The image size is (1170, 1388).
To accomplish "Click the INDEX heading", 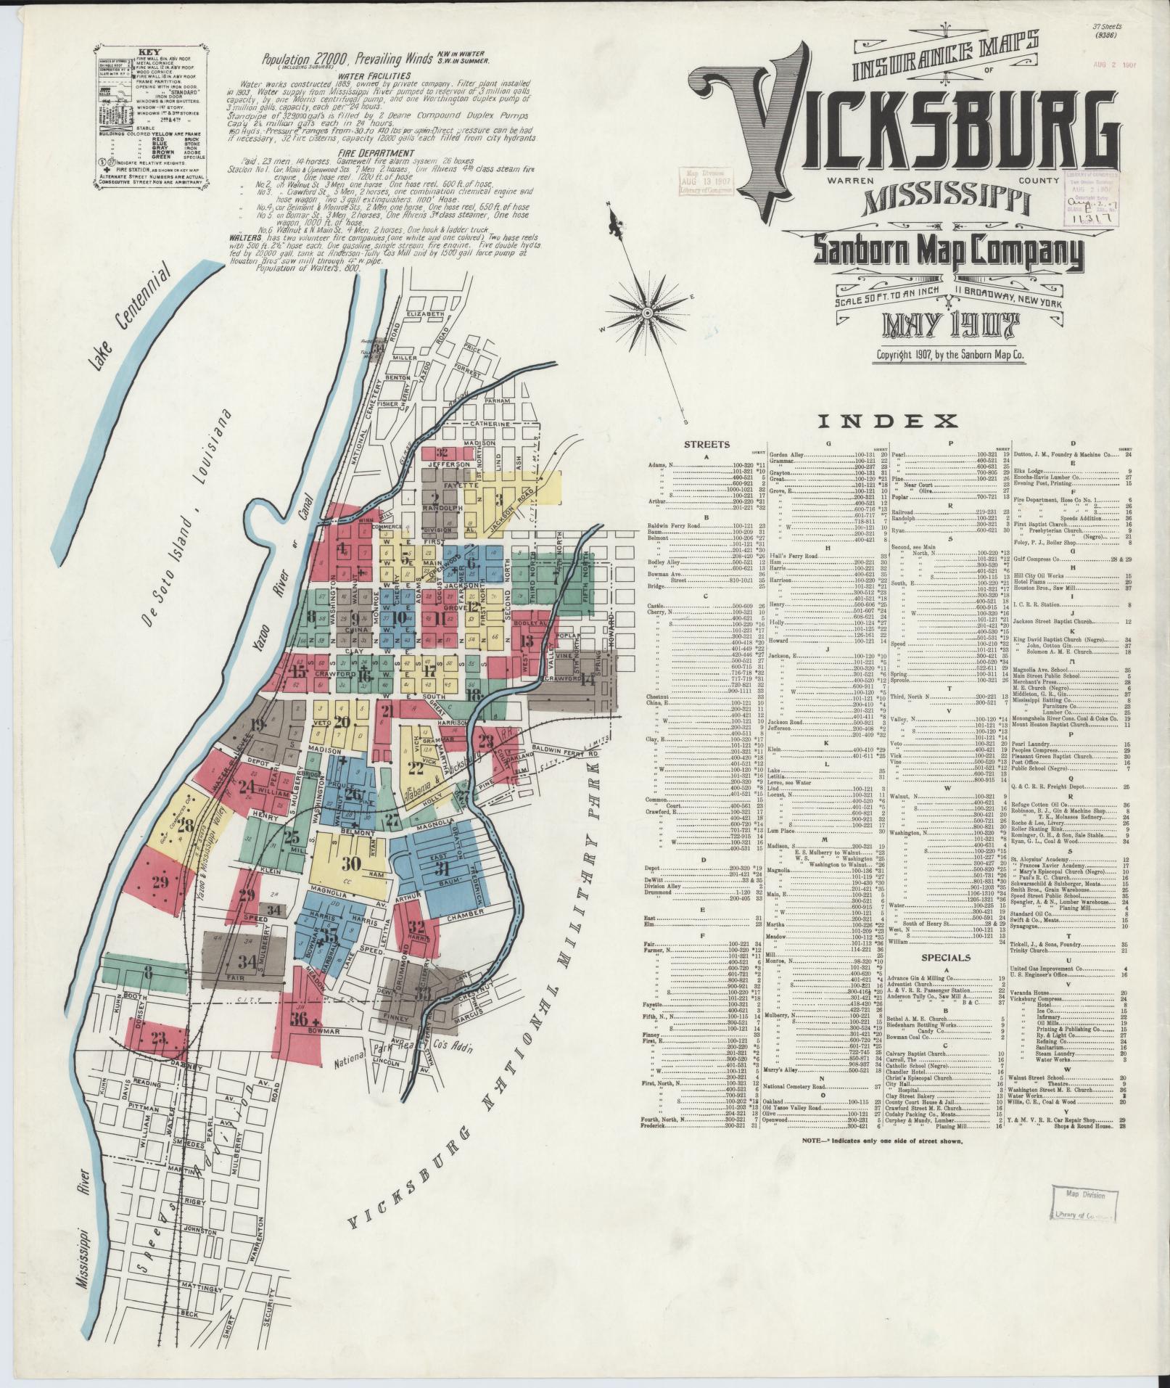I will [x=888, y=420].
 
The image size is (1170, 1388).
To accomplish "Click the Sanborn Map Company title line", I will [x=948, y=252].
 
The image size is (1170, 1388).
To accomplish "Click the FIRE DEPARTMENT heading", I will [x=374, y=154].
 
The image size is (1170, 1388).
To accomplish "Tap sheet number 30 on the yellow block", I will [x=352, y=863].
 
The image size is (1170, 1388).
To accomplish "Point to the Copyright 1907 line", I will [x=950, y=356].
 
